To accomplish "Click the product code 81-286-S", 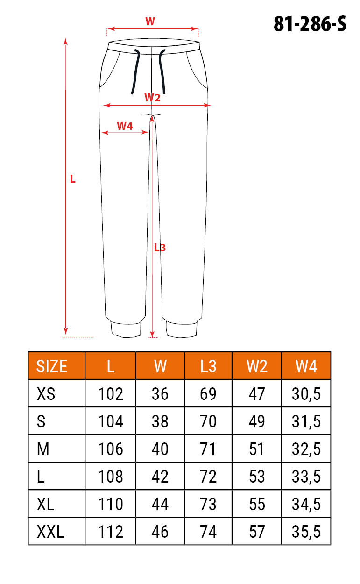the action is [x=310, y=24].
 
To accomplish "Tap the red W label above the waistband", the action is [x=150, y=21].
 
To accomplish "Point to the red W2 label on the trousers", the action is [x=152, y=98].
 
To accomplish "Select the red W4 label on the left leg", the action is [x=125, y=126].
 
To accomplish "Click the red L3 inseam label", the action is [x=160, y=248].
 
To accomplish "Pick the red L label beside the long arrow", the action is [x=73, y=179].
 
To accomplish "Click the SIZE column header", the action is [x=52, y=366].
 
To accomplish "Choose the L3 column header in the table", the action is [x=208, y=366].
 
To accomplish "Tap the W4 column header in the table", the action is [x=306, y=366].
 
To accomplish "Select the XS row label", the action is [x=46, y=394].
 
